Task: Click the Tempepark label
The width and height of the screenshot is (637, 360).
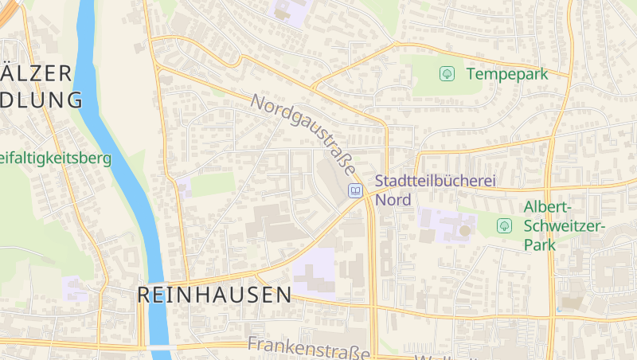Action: [507, 74]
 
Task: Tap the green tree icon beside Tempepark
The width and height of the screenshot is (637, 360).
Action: [447, 74]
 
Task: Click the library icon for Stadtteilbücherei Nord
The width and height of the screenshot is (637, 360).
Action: [355, 190]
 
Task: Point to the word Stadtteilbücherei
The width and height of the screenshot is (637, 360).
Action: [435, 182]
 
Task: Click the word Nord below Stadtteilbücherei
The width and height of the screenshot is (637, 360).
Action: [393, 200]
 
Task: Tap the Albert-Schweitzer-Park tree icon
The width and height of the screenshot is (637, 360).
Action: [504, 225]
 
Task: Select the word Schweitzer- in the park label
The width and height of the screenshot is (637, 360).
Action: [565, 226]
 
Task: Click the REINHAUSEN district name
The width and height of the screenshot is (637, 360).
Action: [214, 295]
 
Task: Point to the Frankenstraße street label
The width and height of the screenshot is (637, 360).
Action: [309, 347]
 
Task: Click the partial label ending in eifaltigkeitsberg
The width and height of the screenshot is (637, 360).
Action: [56, 158]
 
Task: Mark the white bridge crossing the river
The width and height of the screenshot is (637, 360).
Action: [158, 348]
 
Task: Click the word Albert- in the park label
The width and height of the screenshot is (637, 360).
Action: [549, 207]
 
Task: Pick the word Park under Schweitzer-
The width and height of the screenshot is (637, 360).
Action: [540, 245]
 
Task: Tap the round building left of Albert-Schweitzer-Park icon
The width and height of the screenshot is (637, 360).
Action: [464, 230]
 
